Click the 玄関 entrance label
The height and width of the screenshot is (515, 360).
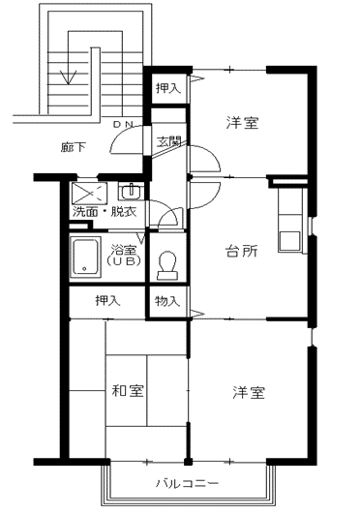(x=168, y=141)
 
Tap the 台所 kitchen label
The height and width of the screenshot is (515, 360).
(x=241, y=252)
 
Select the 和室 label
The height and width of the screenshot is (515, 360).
(x=128, y=391)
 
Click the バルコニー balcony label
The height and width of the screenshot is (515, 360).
(x=187, y=483)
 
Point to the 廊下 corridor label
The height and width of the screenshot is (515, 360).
(x=74, y=147)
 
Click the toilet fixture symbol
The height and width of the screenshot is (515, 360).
(x=167, y=265)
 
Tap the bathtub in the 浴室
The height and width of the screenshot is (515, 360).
(x=86, y=257)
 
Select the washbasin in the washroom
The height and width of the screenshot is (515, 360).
(x=131, y=192)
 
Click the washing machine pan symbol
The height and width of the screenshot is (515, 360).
(x=89, y=193)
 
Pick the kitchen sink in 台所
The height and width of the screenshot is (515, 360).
(x=289, y=241)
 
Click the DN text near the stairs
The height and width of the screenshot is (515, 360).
(x=123, y=125)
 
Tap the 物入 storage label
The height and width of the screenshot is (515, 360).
(x=167, y=300)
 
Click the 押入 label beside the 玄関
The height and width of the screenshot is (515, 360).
(x=168, y=88)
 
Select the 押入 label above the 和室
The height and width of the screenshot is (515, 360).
(x=107, y=300)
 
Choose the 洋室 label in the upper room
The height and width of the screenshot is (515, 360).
(x=242, y=123)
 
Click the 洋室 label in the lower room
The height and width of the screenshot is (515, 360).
(x=249, y=392)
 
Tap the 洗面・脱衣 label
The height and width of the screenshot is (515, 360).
(x=105, y=211)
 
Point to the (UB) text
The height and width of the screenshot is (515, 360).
(x=124, y=261)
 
